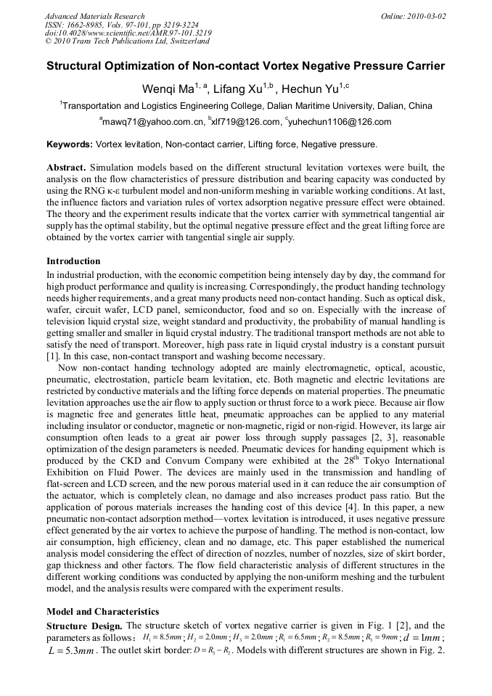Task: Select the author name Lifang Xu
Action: tap(241, 88)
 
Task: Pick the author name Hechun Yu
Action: tap(308, 88)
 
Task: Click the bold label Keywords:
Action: tap(70, 144)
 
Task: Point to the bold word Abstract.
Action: tap(67, 168)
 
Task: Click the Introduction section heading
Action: tap(73, 261)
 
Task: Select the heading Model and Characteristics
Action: tap(102, 612)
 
